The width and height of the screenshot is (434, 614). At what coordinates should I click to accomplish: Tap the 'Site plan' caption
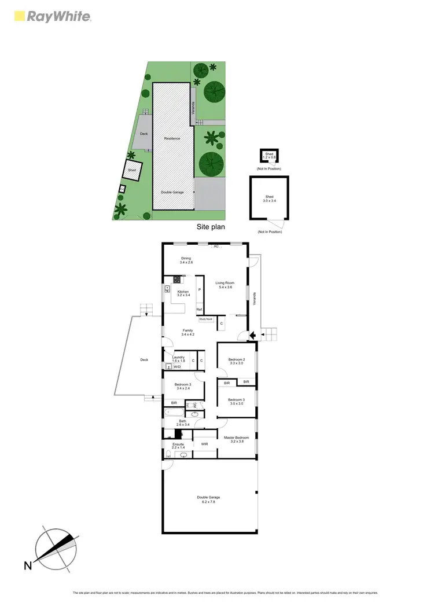pyautogui.click(x=211, y=227)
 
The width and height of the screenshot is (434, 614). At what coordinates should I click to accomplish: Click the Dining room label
pyautogui.click(x=186, y=260)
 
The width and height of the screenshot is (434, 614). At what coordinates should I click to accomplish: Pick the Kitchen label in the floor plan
pyautogui.click(x=183, y=293)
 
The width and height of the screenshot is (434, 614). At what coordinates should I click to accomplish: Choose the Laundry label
pyautogui.click(x=178, y=359)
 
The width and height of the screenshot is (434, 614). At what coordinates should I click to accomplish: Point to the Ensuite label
pyautogui.click(x=178, y=446)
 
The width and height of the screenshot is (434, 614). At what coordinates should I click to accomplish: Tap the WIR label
pyautogui.click(x=204, y=444)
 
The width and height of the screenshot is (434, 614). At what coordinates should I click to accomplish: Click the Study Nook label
pyautogui.click(x=206, y=319)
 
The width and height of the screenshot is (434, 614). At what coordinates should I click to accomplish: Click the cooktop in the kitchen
pyautogui.click(x=175, y=280)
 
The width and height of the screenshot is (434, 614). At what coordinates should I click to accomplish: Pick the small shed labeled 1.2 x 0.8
pyautogui.click(x=269, y=156)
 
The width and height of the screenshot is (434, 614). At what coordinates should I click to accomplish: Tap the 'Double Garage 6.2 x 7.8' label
pyautogui.click(x=208, y=499)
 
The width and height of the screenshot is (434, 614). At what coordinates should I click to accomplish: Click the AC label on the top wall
pyautogui.click(x=216, y=247)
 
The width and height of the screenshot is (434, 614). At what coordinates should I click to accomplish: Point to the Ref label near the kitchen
pyautogui.click(x=198, y=310)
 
